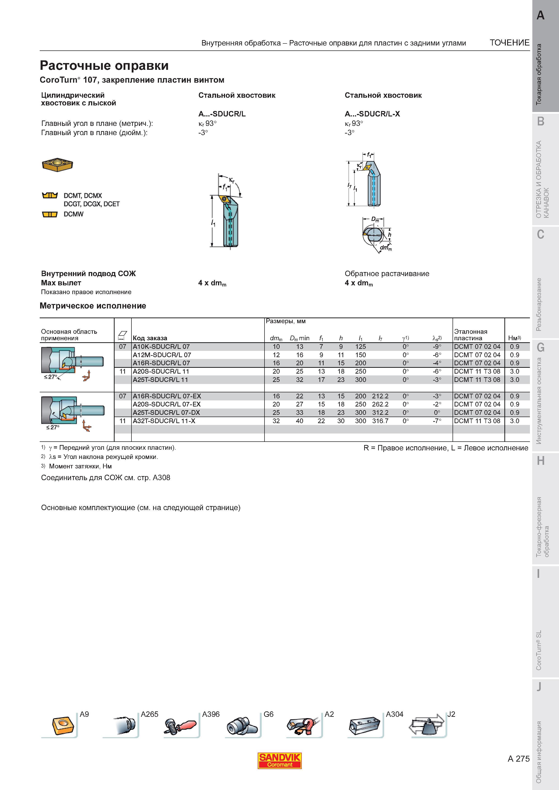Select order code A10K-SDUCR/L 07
(161, 347)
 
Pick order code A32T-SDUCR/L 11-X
(164, 421)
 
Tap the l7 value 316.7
(380, 421)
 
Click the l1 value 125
(361, 347)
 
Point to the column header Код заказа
(150, 338)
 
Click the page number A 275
(519, 759)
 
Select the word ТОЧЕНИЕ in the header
(510, 43)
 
